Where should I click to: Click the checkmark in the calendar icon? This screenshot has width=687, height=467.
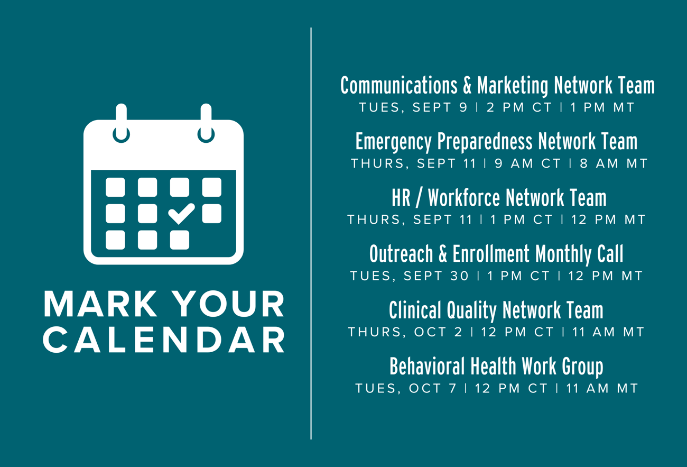point(181,214)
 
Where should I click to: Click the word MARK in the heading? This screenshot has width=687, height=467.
point(100,304)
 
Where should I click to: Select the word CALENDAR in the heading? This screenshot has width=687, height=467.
point(164,340)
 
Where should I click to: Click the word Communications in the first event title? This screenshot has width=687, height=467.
point(398,85)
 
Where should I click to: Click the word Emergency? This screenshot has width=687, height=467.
point(394,142)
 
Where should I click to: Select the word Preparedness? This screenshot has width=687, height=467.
point(485,142)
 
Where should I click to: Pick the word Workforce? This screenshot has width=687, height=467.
point(464,197)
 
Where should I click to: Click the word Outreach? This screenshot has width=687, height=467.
point(401,254)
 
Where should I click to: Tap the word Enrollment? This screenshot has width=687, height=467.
point(491,254)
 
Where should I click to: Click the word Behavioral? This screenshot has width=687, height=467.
point(427,367)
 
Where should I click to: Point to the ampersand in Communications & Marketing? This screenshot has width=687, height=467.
point(467,85)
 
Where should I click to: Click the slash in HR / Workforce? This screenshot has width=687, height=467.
point(419,198)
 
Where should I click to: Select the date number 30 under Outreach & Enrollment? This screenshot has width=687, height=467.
point(459,276)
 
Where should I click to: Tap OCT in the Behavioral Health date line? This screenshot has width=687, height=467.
point(425,388)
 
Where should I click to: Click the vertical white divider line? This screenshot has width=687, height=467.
point(311,233)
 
